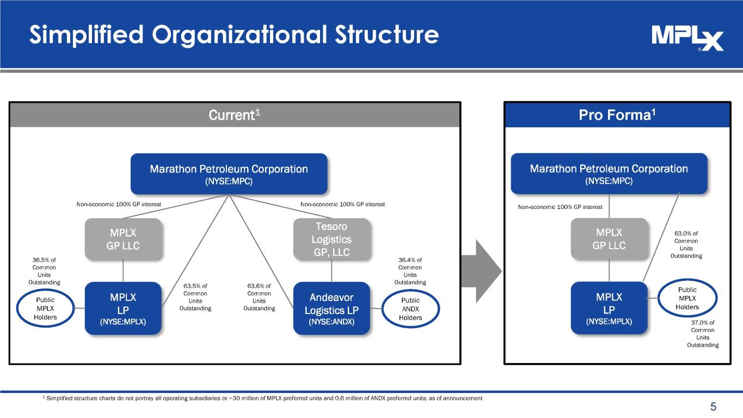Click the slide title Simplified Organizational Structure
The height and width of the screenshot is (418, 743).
(234, 35)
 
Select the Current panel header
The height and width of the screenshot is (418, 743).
(235, 115)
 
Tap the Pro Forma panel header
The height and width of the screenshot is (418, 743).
(617, 115)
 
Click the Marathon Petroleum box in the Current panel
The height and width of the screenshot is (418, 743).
(229, 174)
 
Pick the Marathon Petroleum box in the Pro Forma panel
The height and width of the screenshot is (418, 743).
(609, 174)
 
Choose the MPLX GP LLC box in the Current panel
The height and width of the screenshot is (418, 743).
(123, 239)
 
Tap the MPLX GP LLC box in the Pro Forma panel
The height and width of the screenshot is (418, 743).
(609, 239)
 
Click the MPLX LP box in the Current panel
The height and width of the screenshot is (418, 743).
(123, 308)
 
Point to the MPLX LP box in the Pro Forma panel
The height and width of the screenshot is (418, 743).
(609, 308)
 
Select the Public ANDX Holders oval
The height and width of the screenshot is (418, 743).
(410, 309)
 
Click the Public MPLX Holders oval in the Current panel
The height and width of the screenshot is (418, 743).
(45, 309)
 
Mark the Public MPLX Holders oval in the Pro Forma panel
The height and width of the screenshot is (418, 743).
(687, 299)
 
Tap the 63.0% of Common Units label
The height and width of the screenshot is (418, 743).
(686, 244)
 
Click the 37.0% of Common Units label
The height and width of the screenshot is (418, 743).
(702, 333)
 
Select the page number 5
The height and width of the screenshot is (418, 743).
(713, 407)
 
